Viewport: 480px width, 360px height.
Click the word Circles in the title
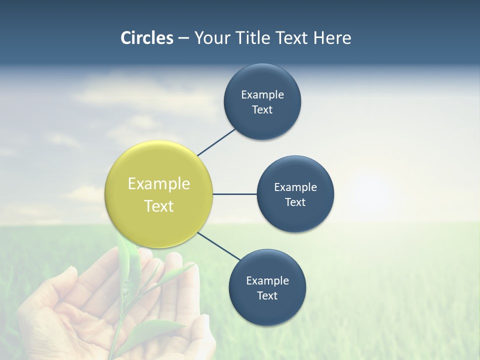pos(146,38)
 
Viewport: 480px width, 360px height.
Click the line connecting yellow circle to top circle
pos(216,142)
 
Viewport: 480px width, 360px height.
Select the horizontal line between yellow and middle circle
pos(234,194)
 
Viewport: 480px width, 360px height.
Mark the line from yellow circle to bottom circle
pos(219,246)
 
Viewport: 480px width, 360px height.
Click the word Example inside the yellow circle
pos(159,183)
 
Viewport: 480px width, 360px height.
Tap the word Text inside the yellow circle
pos(159,206)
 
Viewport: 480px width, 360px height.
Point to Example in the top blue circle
pos(262,94)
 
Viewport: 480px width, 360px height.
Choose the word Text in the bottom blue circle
pos(267,295)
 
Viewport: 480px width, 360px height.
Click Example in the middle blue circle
pos(295,187)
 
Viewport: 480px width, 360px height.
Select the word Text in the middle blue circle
pos(295,202)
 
